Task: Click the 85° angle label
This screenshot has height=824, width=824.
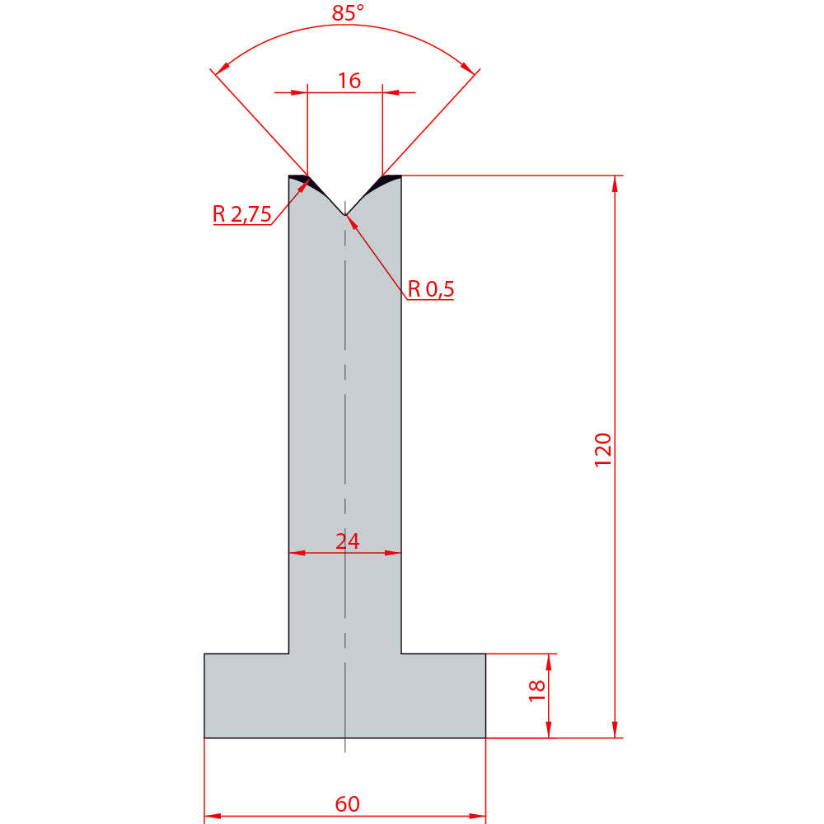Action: click(x=348, y=13)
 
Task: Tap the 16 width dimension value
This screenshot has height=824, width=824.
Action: click(x=349, y=81)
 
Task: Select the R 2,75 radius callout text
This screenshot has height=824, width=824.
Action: click(x=241, y=214)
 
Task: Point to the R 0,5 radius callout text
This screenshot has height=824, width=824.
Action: click(x=430, y=289)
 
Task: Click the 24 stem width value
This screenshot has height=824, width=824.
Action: click(x=348, y=541)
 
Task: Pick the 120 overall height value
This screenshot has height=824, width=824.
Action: click(x=603, y=450)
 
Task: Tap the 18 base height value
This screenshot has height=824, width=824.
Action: click(x=536, y=691)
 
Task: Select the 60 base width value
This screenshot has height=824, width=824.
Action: click(x=348, y=804)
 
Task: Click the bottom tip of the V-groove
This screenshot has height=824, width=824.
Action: click(x=344, y=215)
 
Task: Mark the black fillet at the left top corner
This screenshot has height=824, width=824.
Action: click(x=301, y=180)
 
